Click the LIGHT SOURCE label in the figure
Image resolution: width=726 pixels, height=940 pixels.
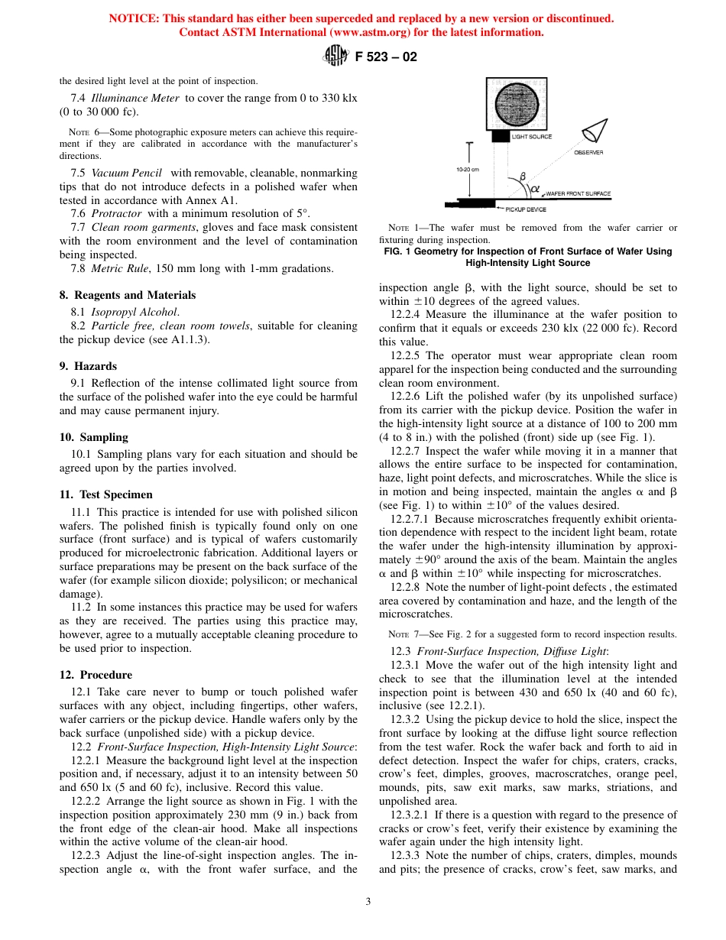pos(531,137)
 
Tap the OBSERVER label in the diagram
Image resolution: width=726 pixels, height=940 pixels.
pos(588,152)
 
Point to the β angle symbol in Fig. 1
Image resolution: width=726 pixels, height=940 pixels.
pos(523,177)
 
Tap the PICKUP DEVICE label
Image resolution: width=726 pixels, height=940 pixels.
pos(526,209)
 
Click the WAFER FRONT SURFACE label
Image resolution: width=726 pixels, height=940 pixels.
pos(579,194)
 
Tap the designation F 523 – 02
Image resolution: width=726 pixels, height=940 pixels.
pos(386,57)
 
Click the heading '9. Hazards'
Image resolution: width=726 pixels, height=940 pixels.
pos(88,366)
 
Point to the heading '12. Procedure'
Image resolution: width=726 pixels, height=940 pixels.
pos(96,675)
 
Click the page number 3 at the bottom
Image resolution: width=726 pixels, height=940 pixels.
pos(368,901)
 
